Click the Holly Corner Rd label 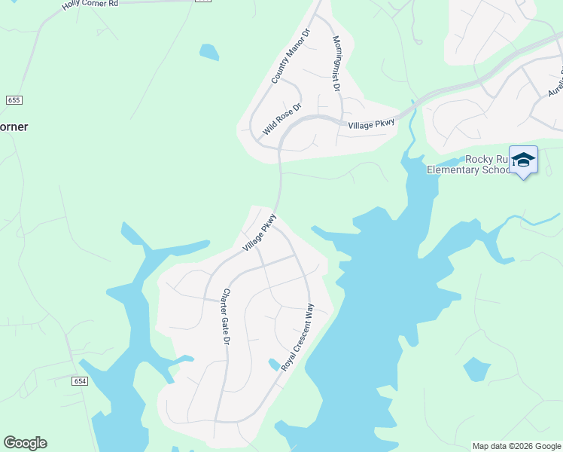(x=90, y=4)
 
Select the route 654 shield (x=80, y=382)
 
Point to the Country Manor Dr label (x=291, y=56)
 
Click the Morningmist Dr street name (x=336, y=63)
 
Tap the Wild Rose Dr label (x=281, y=119)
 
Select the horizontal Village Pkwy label (x=371, y=126)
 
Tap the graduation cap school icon (x=523, y=160)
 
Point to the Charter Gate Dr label (x=226, y=317)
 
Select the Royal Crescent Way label (x=297, y=337)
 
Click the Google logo (x=25, y=443)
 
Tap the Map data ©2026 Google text (x=516, y=446)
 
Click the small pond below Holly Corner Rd (x=209, y=52)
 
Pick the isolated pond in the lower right (x=476, y=369)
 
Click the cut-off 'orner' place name (x=14, y=127)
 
